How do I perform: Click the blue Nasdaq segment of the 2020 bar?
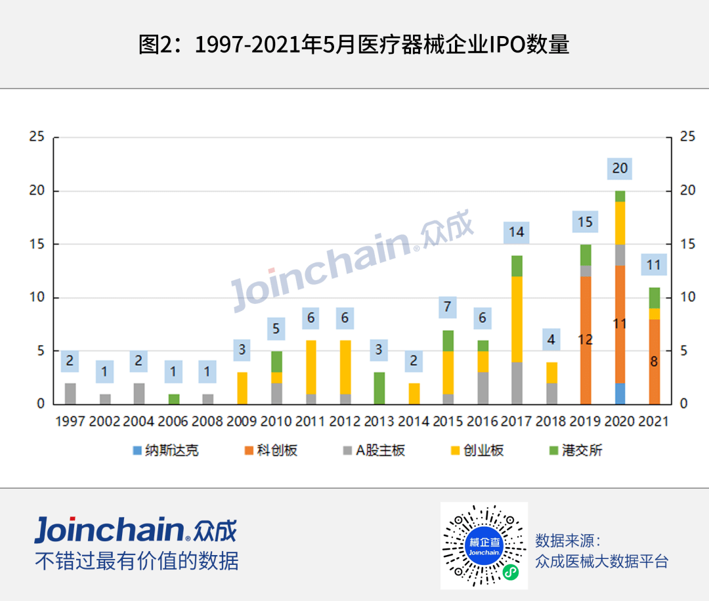pyautogui.click(x=620, y=393)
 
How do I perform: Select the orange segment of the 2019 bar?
pyautogui.click(x=586, y=340)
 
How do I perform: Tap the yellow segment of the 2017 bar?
pyautogui.click(x=517, y=319)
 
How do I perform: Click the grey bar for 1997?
pyautogui.click(x=70, y=393)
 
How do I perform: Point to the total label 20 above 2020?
pyautogui.click(x=620, y=169)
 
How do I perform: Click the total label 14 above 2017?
pyautogui.click(x=517, y=232)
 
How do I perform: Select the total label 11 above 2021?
pyautogui.click(x=654, y=266)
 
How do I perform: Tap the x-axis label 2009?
pyautogui.click(x=242, y=421)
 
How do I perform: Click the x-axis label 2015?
pyautogui.click(x=448, y=421)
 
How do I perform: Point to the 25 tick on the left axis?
pyautogui.click(x=37, y=137)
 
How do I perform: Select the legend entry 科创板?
pyautogui.click(x=276, y=451)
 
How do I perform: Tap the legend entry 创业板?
pyautogui.click(x=483, y=451)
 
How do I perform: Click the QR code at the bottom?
pyautogui.click(x=484, y=546)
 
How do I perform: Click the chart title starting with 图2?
pyautogui.click(x=354, y=45)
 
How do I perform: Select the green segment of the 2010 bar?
pyautogui.click(x=276, y=362)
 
